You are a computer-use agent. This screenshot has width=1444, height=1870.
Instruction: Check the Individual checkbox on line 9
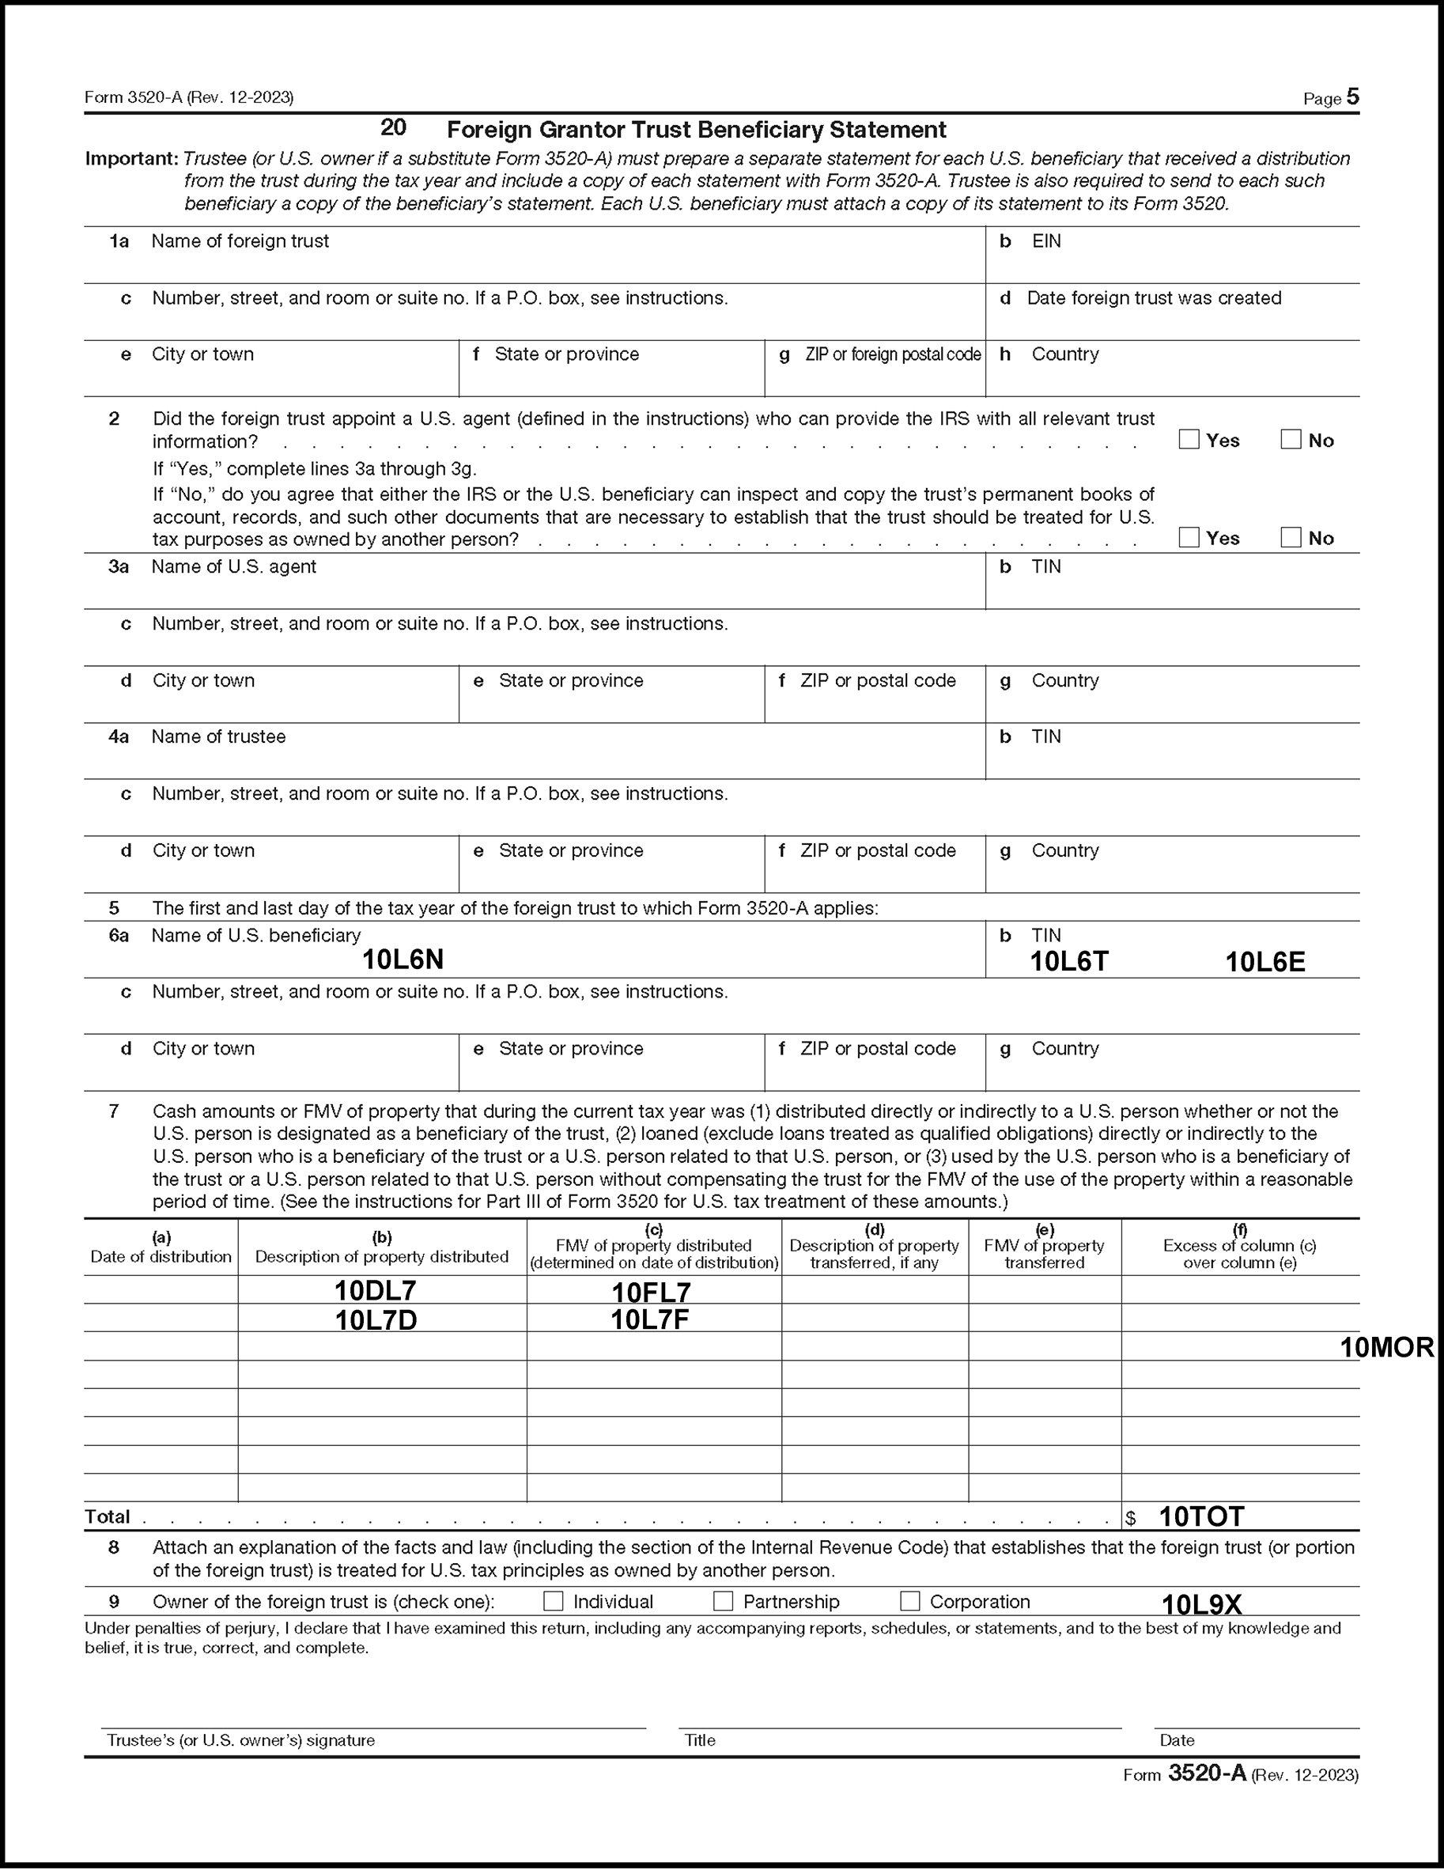(x=554, y=1601)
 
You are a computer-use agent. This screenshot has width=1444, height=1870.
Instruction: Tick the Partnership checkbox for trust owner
(x=724, y=1601)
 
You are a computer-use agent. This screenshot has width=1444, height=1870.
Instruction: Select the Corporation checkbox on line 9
(x=910, y=1601)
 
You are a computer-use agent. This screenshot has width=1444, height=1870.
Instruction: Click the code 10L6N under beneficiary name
(x=403, y=960)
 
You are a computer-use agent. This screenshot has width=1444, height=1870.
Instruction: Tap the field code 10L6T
(x=1069, y=962)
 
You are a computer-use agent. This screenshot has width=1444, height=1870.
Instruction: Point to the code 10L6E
(x=1265, y=963)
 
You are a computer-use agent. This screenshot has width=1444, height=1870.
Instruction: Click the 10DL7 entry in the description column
(x=375, y=1290)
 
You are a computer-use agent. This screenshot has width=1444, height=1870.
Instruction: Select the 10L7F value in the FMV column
(x=650, y=1319)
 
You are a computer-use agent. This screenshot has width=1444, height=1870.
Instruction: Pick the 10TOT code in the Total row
(x=1201, y=1516)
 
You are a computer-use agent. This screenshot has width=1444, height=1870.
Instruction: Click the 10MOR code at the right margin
(x=1386, y=1348)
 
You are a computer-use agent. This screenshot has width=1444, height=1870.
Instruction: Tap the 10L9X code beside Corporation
(x=1201, y=1603)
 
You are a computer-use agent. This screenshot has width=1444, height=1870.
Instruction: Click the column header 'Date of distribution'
(x=161, y=1256)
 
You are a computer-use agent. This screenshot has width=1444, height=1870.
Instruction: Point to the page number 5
(x=1352, y=97)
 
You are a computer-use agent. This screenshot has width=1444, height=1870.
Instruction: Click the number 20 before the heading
(x=393, y=127)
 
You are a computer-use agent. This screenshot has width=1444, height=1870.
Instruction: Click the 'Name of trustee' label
(x=218, y=736)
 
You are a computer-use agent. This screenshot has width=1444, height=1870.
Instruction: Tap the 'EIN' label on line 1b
(x=1046, y=241)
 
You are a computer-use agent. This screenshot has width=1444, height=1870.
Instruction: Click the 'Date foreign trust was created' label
(x=1154, y=298)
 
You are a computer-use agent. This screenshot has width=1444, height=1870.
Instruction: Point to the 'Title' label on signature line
(x=699, y=1739)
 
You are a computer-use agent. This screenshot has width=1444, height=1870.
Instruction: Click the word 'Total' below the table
(x=107, y=1516)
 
